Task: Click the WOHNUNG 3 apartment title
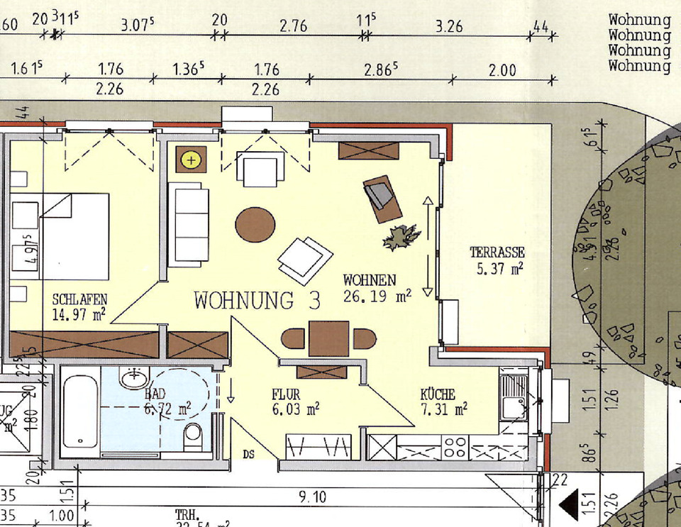[x=257, y=301]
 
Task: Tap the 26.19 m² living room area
[x=377, y=296]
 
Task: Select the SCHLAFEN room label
[x=79, y=299]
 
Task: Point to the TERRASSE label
[x=497, y=253]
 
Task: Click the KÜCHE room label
[x=438, y=394]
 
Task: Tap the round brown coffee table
[x=255, y=225]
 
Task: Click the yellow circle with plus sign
[x=191, y=160]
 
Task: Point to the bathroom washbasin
[x=134, y=378]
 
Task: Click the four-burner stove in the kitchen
[x=455, y=448]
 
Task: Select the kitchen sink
[x=512, y=397]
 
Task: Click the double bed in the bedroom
[x=74, y=235]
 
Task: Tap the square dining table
[x=328, y=338]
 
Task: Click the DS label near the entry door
[x=249, y=454]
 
